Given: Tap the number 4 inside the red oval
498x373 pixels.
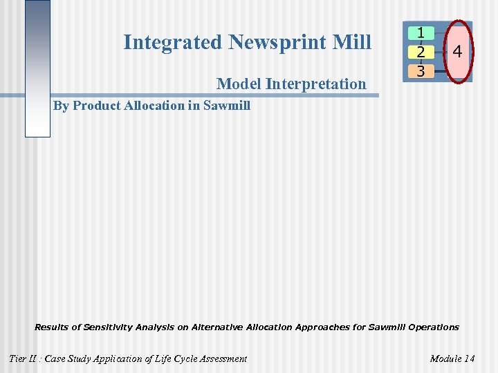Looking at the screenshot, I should pyautogui.click(x=457, y=51).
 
